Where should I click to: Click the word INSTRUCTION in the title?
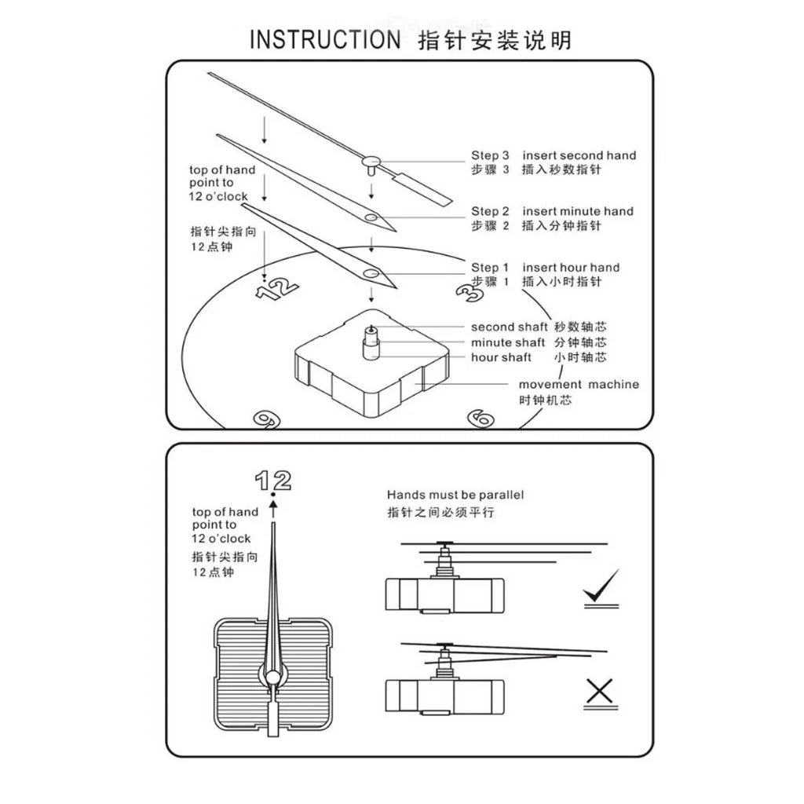pyautogui.click(x=325, y=40)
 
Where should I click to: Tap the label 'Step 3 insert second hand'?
pyautogui.click(x=554, y=155)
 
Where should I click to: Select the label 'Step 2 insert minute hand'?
pyautogui.click(x=552, y=211)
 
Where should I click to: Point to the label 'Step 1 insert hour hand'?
pyautogui.click(x=545, y=268)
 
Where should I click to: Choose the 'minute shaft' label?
pyautogui.click(x=508, y=342)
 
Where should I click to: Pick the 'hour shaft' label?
pyautogui.click(x=501, y=357)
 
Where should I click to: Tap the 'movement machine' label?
pyautogui.click(x=578, y=385)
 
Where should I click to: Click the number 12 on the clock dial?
pyautogui.click(x=277, y=287)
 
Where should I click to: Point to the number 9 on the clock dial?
pyautogui.click(x=267, y=418)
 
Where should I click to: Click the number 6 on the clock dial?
pyautogui.click(x=480, y=418)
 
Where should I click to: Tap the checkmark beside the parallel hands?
pyautogui.click(x=601, y=587)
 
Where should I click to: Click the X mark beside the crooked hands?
pyautogui.click(x=600, y=692)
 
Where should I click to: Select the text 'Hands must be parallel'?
pyautogui.click(x=455, y=495)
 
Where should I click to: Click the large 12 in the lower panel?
pyautogui.click(x=273, y=480)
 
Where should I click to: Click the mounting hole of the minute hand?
pyautogui.click(x=370, y=217)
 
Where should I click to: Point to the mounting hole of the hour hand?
pyautogui.click(x=370, y=273)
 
